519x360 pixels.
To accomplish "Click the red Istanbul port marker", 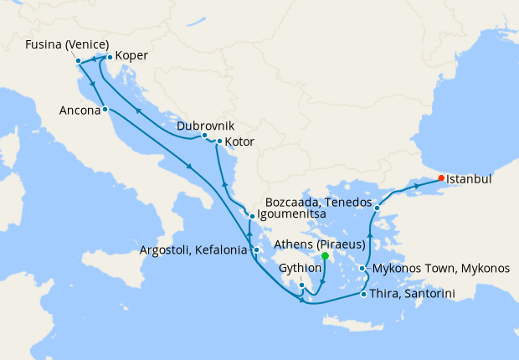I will [441, 177].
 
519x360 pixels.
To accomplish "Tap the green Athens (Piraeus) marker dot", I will [325, 256].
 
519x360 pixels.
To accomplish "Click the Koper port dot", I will [109, 58].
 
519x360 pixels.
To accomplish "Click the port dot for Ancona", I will [104, 110].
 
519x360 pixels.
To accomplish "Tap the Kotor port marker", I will [219, 141].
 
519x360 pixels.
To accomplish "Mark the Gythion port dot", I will [301, 285].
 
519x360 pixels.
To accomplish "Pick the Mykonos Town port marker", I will [362, 269].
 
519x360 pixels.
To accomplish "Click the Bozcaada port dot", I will [378, 208].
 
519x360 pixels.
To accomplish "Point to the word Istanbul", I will [469, 178].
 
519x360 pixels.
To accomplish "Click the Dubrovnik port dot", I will [204, 136].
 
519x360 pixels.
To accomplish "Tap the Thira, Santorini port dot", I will [363, 295].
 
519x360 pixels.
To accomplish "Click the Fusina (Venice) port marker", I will [78, 60].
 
